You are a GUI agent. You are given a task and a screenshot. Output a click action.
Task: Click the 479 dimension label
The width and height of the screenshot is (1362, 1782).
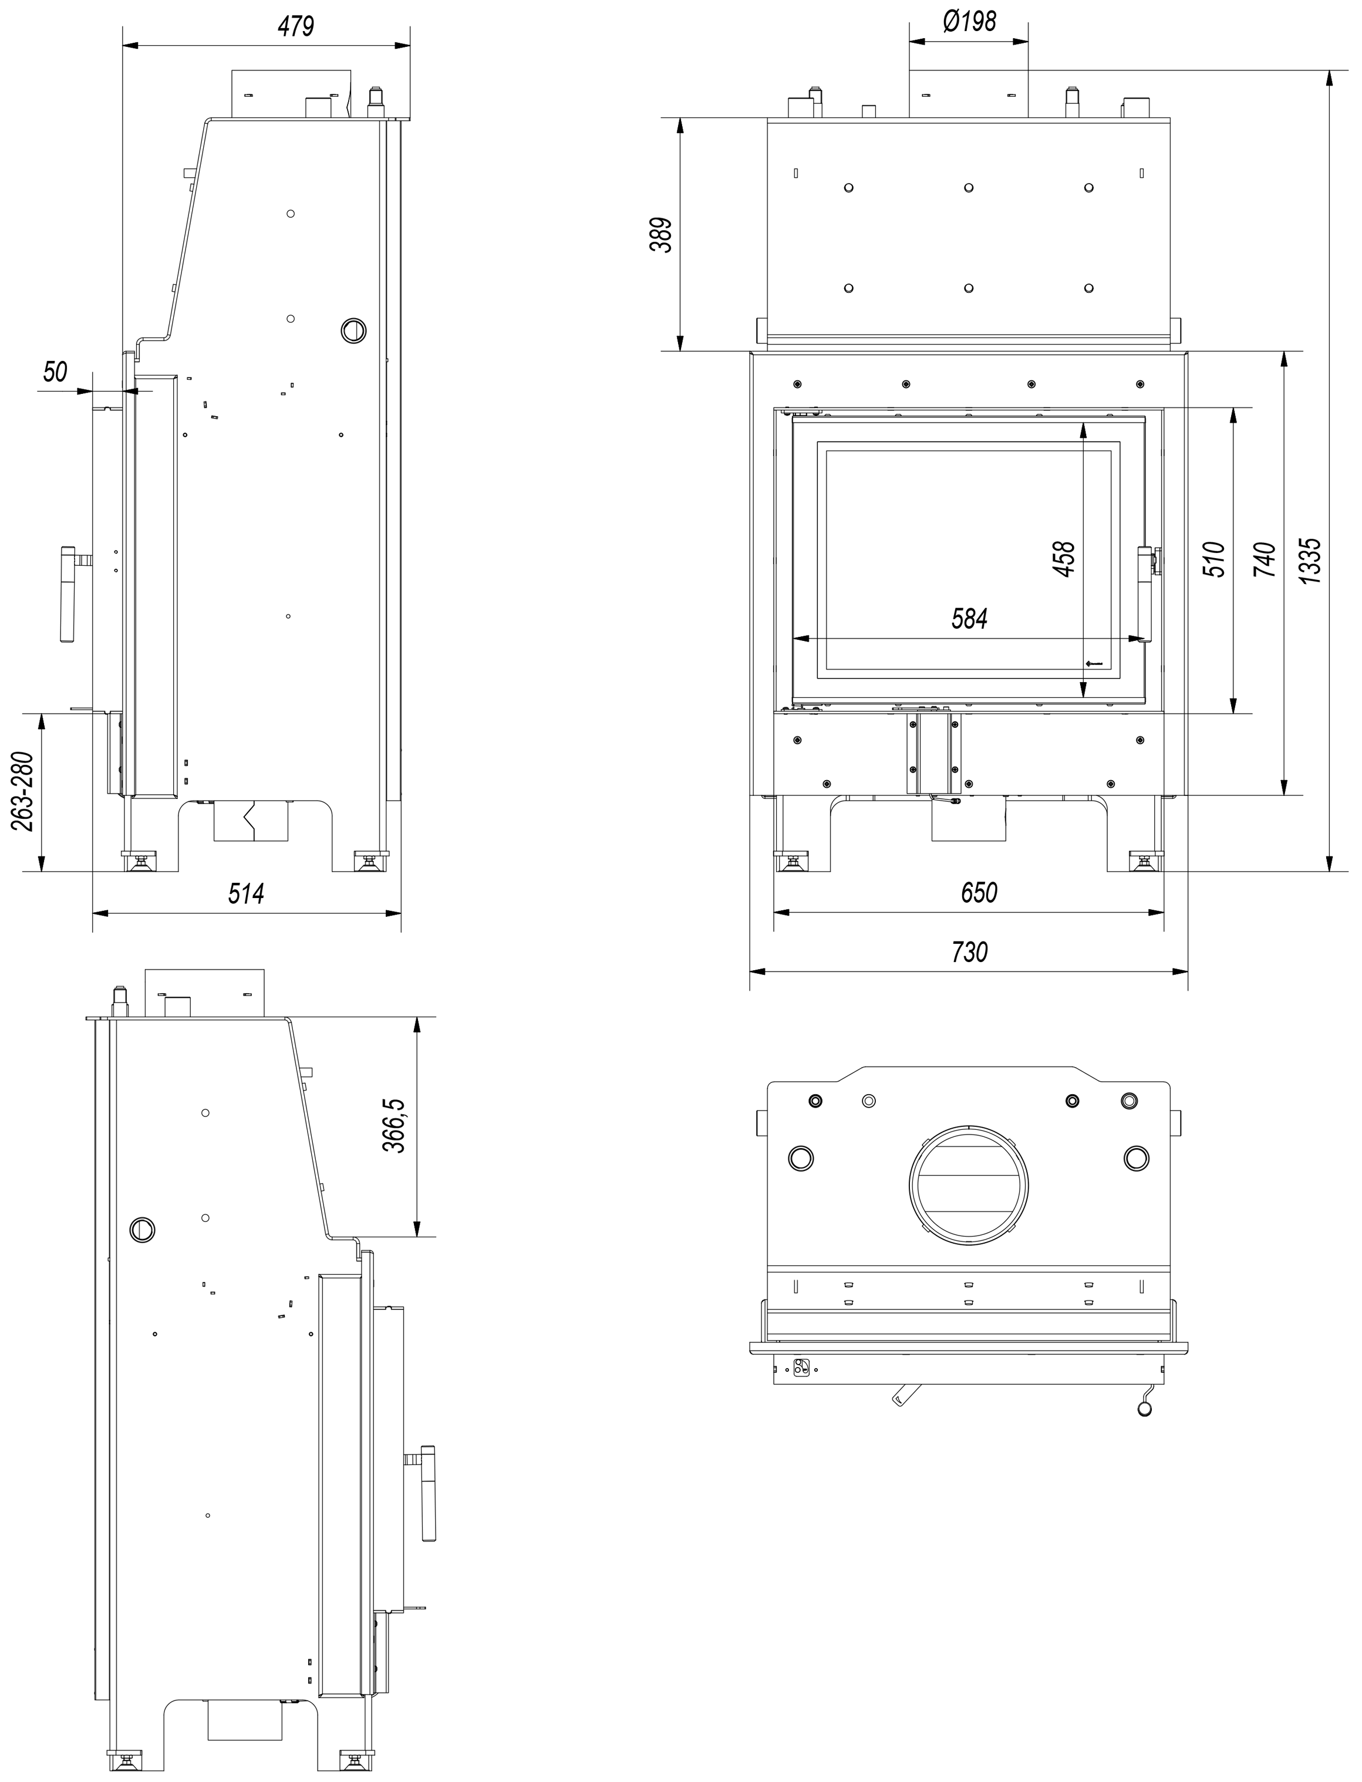295,27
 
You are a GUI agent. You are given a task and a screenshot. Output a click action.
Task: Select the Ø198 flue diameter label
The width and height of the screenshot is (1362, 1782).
970,21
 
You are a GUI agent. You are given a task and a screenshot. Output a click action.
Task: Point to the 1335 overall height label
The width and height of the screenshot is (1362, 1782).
1309,560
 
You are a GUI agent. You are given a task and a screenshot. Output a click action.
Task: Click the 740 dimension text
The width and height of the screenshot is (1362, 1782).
1265,560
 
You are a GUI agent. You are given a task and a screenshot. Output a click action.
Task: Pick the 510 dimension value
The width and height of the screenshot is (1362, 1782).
1213,560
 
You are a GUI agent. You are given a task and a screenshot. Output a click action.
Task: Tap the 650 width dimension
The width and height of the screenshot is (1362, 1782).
979,893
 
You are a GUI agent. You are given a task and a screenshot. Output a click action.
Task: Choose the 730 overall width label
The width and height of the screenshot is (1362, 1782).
970,951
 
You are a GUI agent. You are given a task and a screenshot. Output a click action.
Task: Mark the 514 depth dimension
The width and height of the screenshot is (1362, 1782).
247,894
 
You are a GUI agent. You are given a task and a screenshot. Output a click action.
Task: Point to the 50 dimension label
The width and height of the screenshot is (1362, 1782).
55,373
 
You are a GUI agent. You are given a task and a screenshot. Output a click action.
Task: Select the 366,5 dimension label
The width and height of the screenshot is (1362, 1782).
394,1126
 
